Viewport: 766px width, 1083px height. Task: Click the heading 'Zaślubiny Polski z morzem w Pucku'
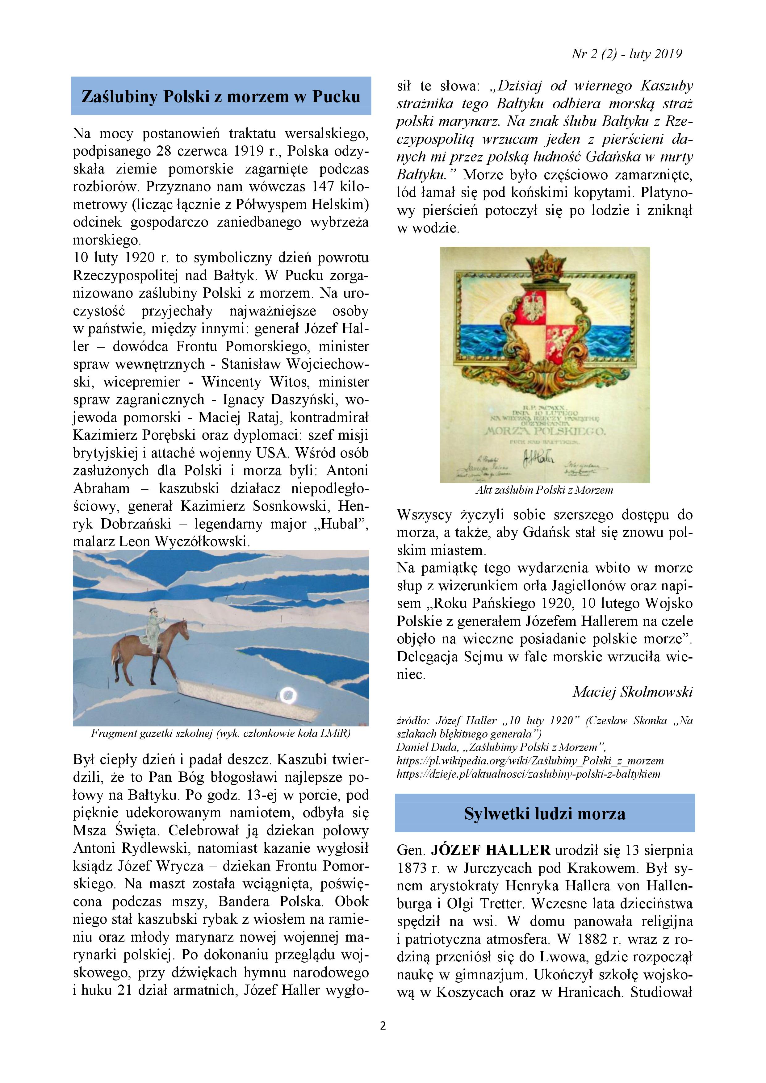pyautogui.click(x=221, y=96)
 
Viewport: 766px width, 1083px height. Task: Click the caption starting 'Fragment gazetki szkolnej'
pyautogui.click(x=221, y=734)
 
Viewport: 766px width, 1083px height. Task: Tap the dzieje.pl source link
pyautogui.click(x=528, y=774)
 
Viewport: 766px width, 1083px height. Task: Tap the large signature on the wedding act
pyautogui.click(x=538, y=457)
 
